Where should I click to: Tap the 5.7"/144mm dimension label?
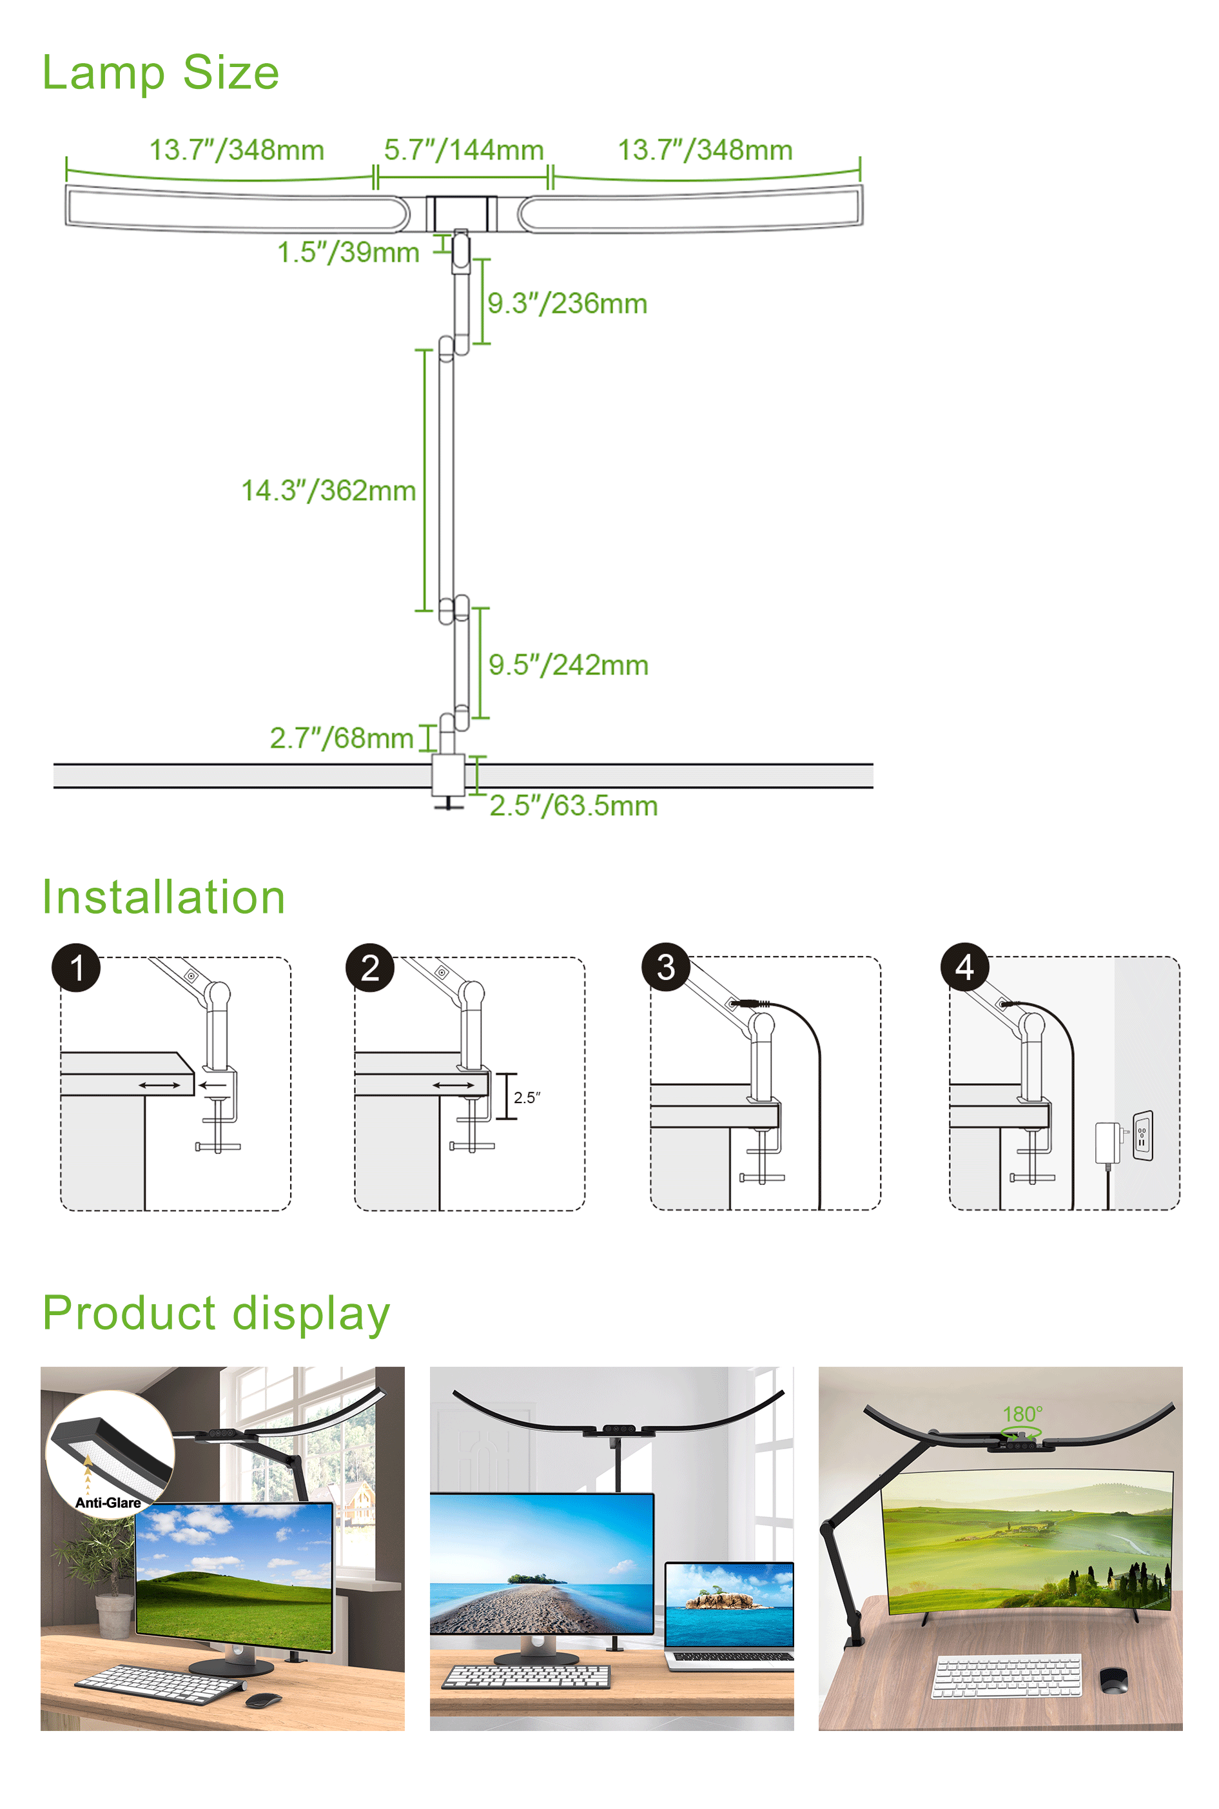463,150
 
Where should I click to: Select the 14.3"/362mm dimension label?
328,491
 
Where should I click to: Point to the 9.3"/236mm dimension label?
567,303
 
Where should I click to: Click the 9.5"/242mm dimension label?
569,665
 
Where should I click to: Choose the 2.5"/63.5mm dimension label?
574,805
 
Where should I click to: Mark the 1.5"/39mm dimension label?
348,252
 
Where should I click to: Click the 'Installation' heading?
163,897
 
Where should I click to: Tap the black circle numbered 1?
76,968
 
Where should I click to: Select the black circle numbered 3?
665,967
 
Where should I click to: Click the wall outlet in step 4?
1142,1135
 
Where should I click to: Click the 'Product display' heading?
215,1313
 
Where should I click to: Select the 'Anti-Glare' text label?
108,1503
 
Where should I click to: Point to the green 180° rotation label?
1022,1413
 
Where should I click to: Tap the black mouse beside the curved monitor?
1113,1680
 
